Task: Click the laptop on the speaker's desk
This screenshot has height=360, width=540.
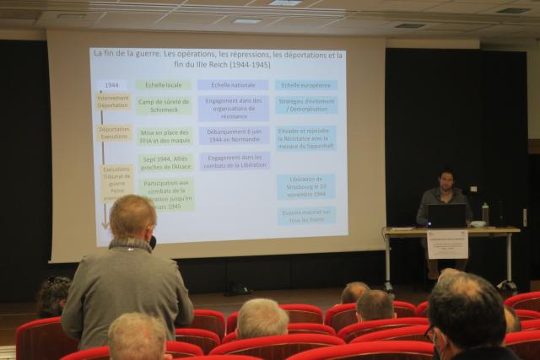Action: [x=446, y=216]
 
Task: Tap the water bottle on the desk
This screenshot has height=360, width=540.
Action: [x=485, y=213]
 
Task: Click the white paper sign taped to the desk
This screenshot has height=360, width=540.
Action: [x=447, y=244]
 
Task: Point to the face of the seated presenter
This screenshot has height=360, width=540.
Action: [x=446, y=180]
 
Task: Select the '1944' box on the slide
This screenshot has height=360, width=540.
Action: [x=111, y=85]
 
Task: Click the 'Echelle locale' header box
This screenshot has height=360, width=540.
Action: [x=164, y=85]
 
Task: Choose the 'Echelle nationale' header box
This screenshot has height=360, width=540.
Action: [x=233, y=85]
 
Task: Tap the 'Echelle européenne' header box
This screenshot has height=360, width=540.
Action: [x=305, y=85]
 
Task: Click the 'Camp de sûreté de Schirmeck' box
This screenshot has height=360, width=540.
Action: [x=164, y=105]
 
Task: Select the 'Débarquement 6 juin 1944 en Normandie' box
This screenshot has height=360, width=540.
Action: [x=234, y=135]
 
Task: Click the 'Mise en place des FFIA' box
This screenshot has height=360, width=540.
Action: [x=165, y=136]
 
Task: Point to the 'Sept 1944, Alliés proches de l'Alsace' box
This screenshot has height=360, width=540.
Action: [x=165, y=162]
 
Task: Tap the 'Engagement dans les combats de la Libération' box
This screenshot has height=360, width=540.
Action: [x=234, y=161]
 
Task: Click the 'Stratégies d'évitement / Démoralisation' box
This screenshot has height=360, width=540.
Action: [x=305, y=105]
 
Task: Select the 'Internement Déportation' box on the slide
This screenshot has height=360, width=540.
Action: [x=112, y=101]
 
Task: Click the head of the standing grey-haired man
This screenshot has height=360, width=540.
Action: [x=132, y=217]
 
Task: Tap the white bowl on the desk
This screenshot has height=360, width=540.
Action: [x=478, y=224]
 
